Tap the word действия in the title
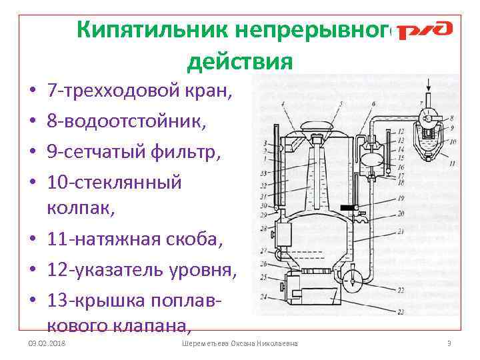(x=240, y=61)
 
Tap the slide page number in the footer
(x=449, y=343)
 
